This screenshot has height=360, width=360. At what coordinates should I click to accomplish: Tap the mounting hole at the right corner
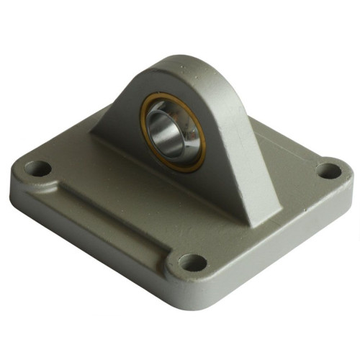pyautogui.click(x=329, y=171)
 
